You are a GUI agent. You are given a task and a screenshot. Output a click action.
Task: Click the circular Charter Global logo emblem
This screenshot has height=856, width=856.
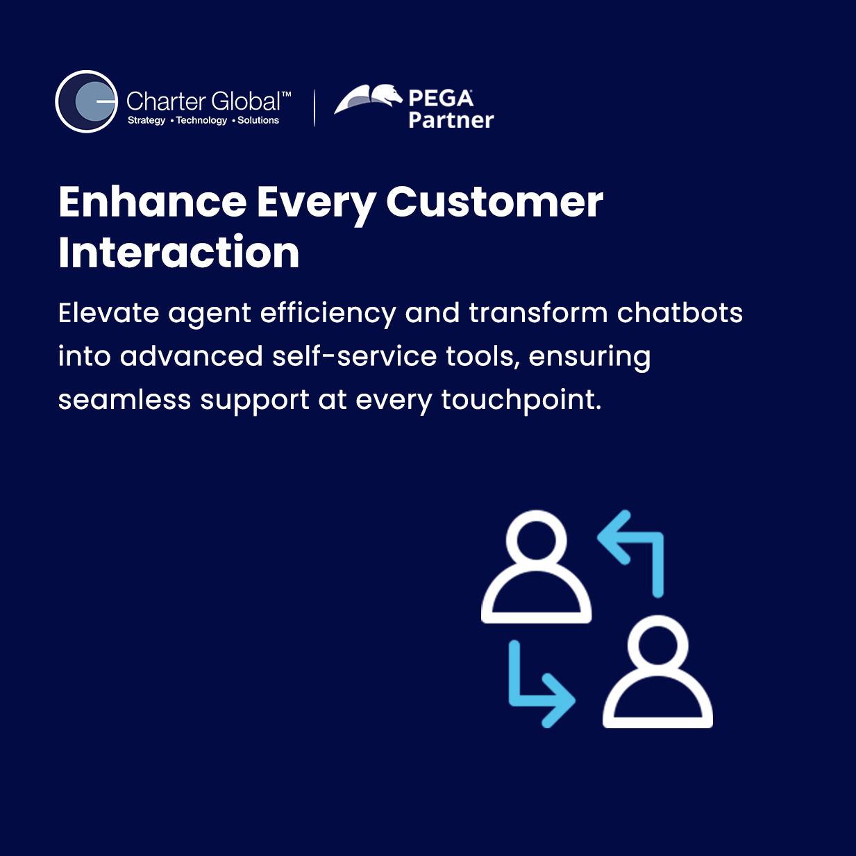pyautogui.click(x=87, y=101)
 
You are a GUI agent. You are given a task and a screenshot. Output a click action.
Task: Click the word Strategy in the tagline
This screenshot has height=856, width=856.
pyautogui.click(x=146, y=120)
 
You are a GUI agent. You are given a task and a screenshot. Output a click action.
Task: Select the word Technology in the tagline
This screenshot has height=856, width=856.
pyautogui.click(x=201, y=120)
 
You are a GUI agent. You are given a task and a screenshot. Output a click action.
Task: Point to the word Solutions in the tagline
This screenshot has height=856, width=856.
pyautogui.click(x=258, y=120)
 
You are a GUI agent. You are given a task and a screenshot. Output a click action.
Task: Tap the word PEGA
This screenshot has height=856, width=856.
pyautogui.click(x=441, y=98)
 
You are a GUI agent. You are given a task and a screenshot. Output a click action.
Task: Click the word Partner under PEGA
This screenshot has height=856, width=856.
pyautogui.click(x=451, y=120)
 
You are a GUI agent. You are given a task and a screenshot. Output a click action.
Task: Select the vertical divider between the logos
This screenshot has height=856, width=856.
pyautogui.click(x=314, y=108)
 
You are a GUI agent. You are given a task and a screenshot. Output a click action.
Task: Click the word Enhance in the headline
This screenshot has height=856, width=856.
pyautogui.click(x=152, y=202)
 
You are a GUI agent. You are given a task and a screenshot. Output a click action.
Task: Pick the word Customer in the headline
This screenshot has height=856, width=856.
pyautogui.click(x=494, y=202)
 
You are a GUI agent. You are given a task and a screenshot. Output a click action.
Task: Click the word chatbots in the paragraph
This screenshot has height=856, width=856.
pyautogui.click(x=680, y=312)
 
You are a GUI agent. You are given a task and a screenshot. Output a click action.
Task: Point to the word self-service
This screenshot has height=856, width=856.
pyautogui.click(x=355, y=356)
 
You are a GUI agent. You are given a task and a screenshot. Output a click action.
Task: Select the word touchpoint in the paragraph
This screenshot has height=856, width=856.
pyautogui.click(x=521, y=400)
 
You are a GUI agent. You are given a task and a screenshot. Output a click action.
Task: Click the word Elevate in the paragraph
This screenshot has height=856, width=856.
pyautogui.click(x=108, y=312)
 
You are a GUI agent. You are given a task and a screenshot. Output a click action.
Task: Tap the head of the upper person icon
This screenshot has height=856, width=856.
pyautogui.click(x=536, y=536)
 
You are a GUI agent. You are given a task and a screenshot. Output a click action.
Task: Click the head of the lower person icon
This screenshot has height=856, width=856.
pyautogui.click(x=657, y=641)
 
